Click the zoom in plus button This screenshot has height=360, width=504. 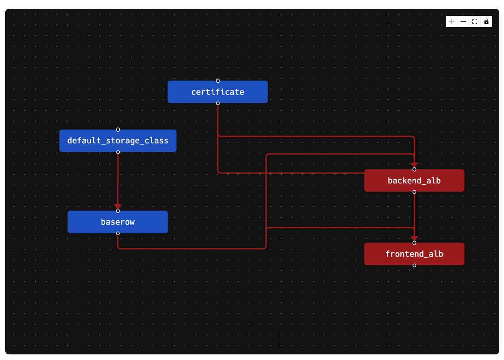(452, 21)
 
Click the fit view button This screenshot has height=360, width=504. (475, 21)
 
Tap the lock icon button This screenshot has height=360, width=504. (486, 21)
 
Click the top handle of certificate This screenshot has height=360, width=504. (218, 81)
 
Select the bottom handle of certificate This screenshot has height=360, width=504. (218, 103)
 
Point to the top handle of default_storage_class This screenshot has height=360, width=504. (118, 130)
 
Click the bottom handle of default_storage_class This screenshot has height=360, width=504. (118, 152)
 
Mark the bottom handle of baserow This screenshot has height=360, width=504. (118, 233)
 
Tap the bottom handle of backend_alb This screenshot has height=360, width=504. (414, 192)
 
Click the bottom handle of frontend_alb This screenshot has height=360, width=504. (414, 265)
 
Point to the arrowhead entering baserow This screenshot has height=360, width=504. (118, 207)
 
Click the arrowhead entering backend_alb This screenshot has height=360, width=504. (414, 165)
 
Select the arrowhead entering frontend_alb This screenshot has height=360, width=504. (414, 239)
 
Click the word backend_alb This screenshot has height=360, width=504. (414, 181)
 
